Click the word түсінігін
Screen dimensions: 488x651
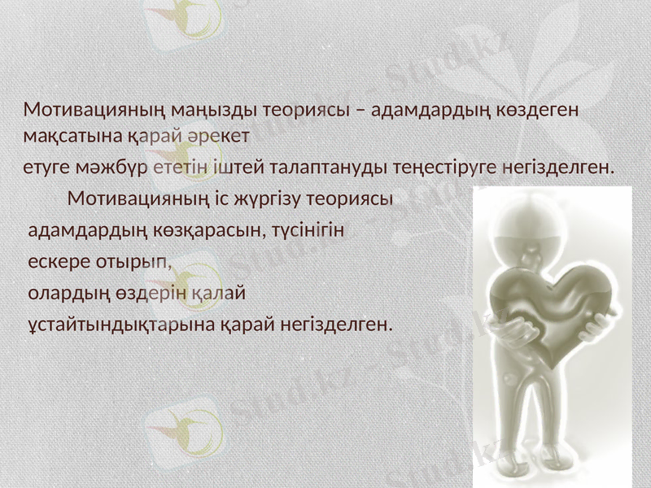coord(309,230)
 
